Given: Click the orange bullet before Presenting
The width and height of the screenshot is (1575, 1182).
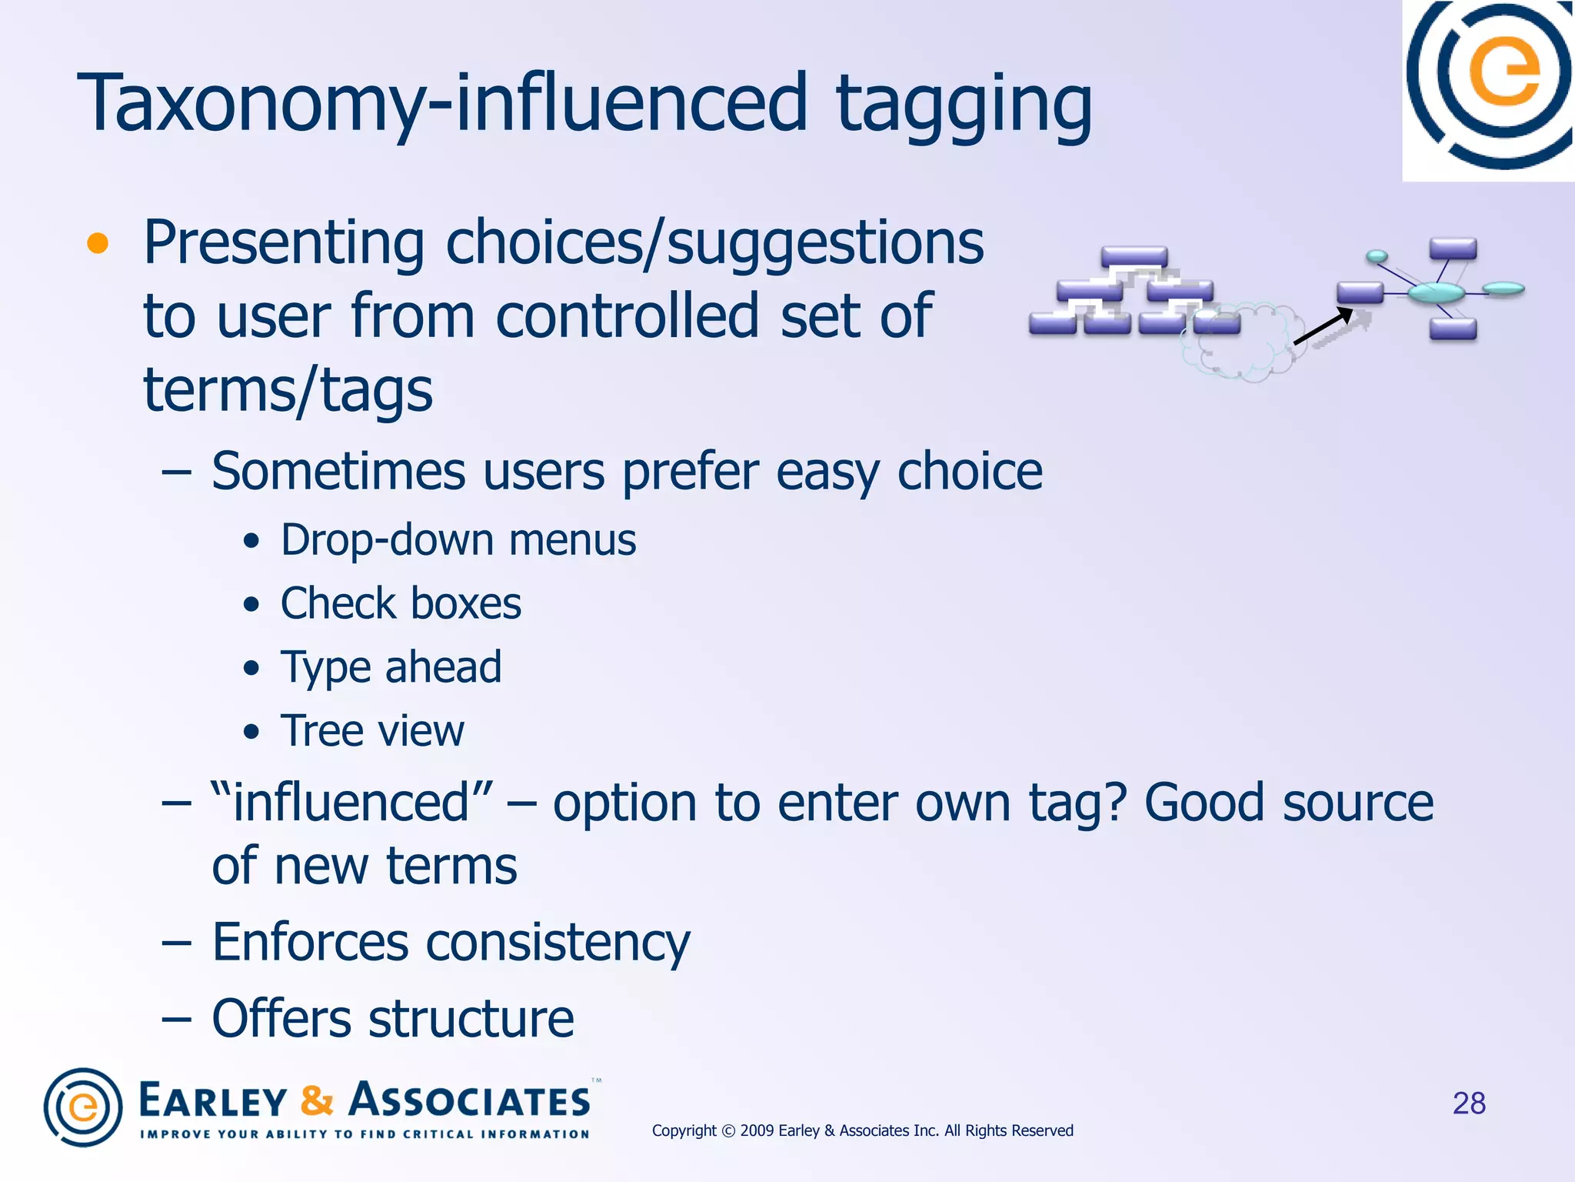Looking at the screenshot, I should point(98,243).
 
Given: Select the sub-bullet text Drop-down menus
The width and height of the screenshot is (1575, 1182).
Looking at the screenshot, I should point(458,540).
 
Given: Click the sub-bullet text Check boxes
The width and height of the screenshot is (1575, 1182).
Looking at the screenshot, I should point(401,603).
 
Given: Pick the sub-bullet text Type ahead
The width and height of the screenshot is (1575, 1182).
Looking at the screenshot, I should point(391,667).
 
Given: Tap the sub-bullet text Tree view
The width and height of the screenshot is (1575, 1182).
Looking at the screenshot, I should point(372,731).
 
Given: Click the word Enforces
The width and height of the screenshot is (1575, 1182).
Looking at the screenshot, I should point(310,942).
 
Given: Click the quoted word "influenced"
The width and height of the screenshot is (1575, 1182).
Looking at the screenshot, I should point(351,803).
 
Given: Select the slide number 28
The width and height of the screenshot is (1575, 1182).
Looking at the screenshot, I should point(1468,1104).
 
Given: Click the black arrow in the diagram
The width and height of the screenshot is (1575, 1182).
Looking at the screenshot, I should point(1323,326).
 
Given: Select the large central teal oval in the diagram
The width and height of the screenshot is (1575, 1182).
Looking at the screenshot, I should point(1436,292).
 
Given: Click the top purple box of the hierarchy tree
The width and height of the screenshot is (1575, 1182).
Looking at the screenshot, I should point(1134,256).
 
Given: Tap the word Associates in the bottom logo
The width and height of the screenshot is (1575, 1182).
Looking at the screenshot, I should point(469,1100).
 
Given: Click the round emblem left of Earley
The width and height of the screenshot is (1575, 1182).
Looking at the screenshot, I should point(83,1107).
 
